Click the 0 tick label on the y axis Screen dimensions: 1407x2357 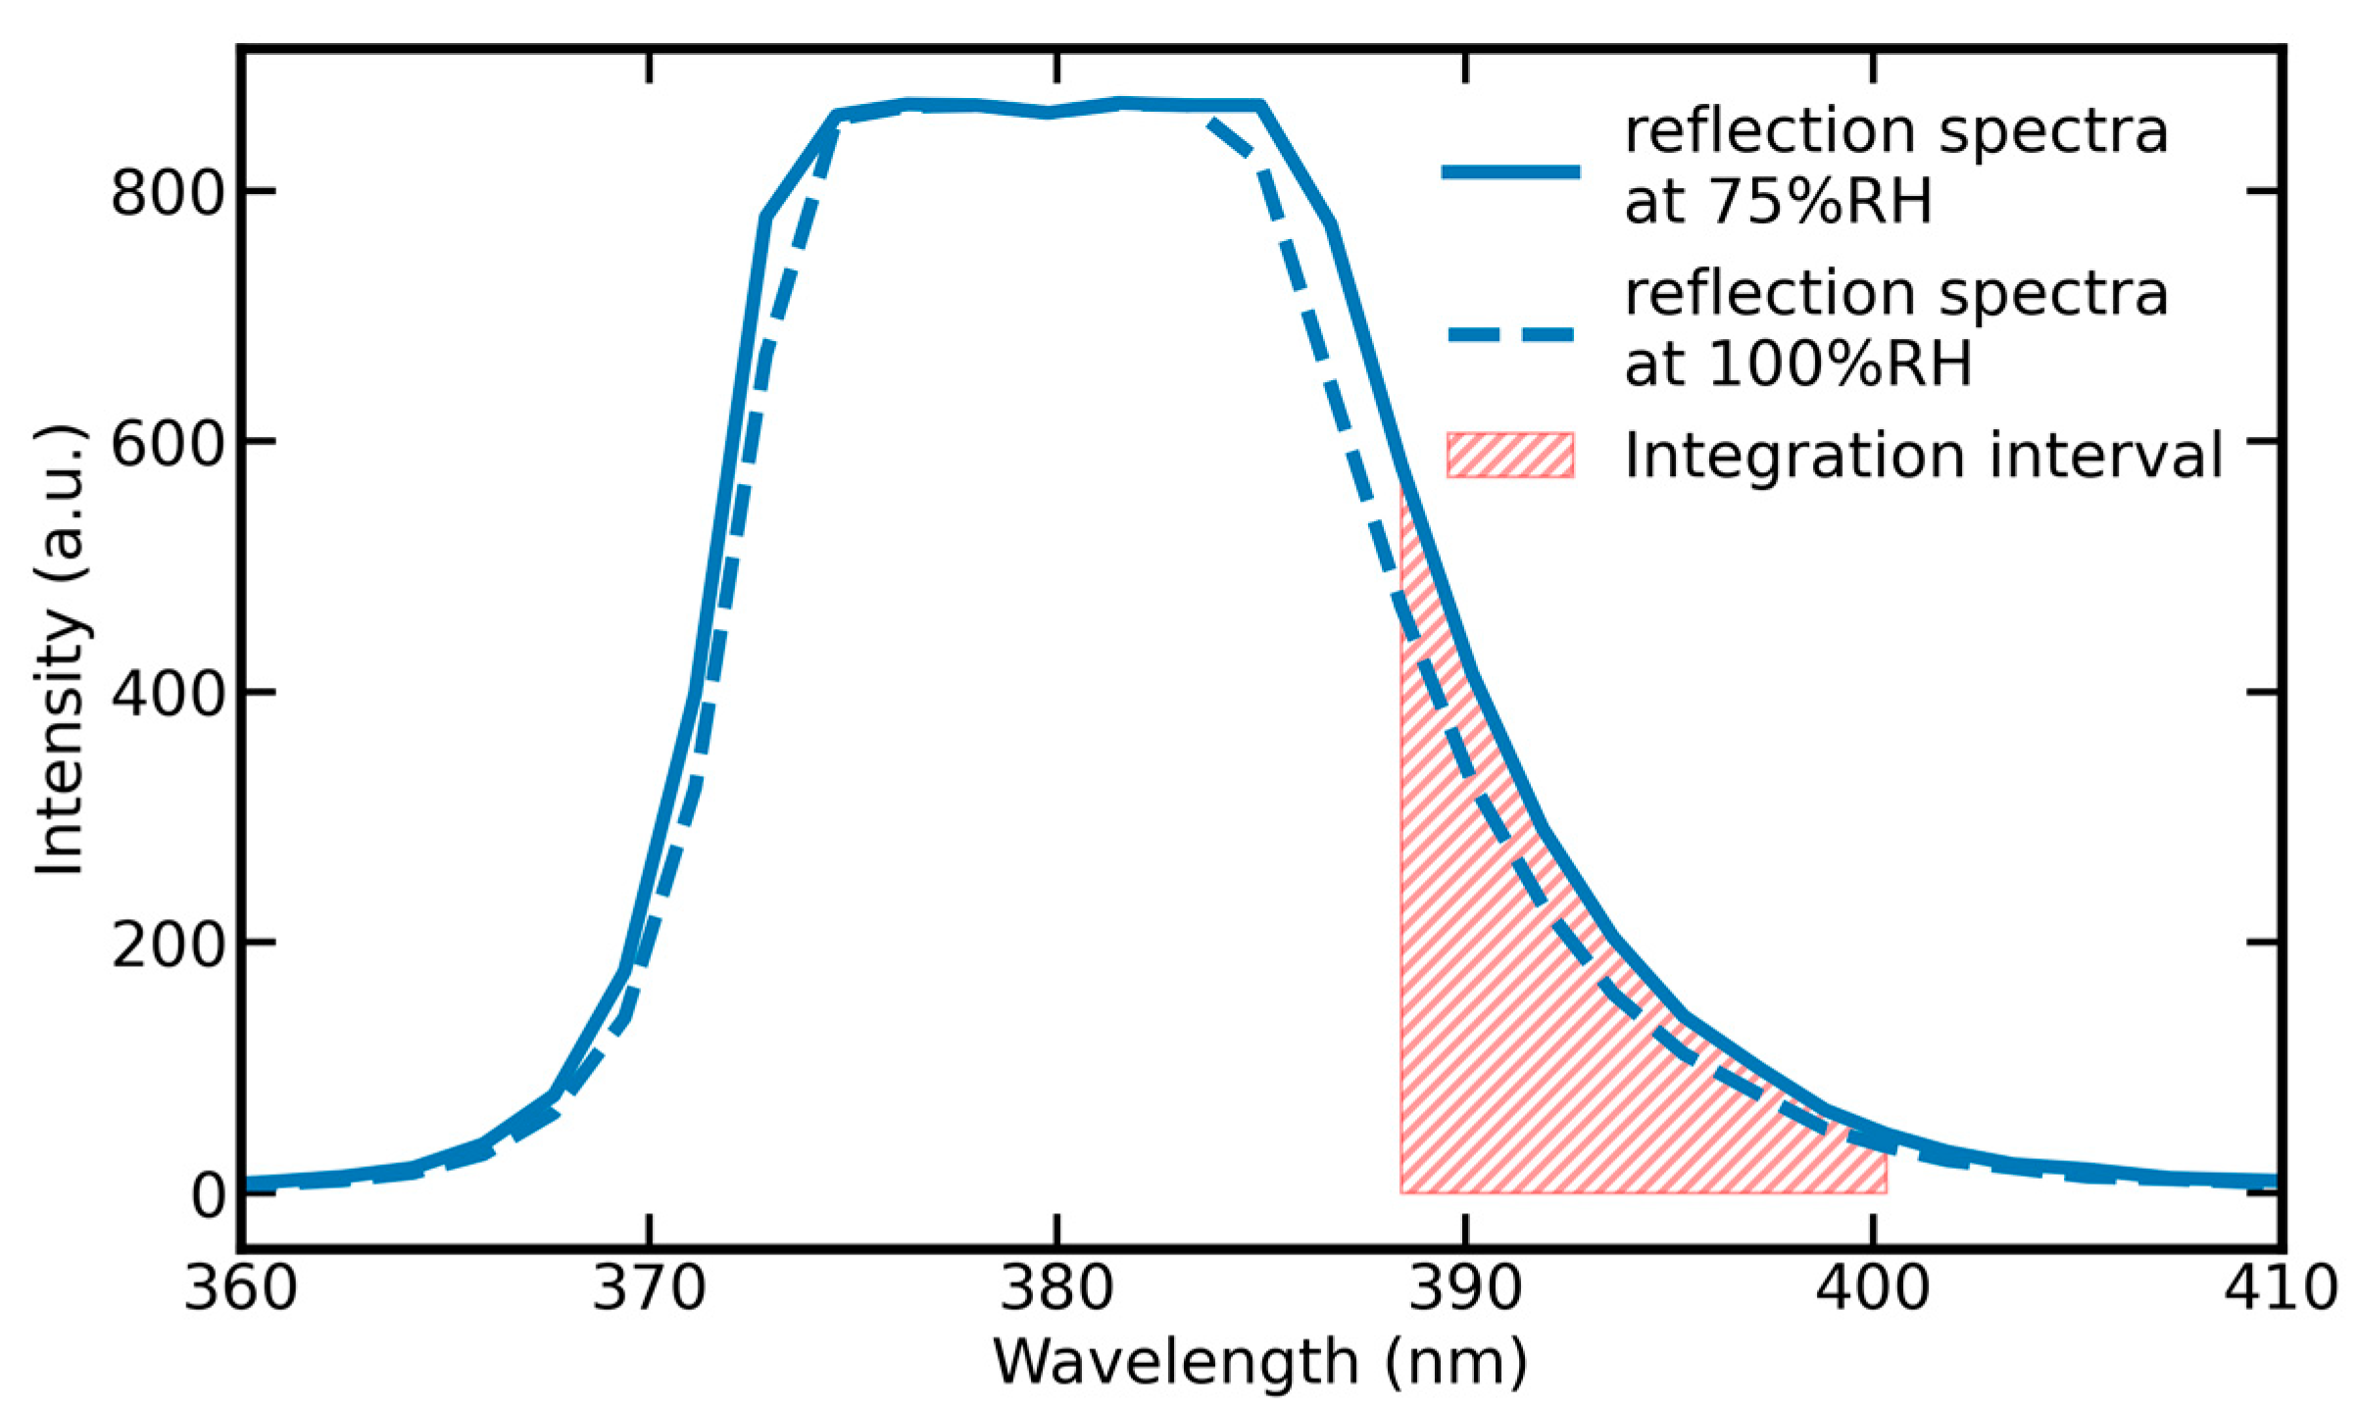pyautogui.click(x=208, y=1196)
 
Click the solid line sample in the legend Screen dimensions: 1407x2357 pyautogui.click(x=1510, y=172)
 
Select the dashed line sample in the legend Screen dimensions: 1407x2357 pyautogui.click(x=1510, y=335)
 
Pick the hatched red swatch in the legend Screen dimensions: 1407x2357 pyautogui.click(x=1510, y=456)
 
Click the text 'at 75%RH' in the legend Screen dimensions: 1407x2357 pyautogui.click(x=1777, y=203)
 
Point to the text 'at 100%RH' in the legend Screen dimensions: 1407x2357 pyautogui.click(x=1797, y=364)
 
